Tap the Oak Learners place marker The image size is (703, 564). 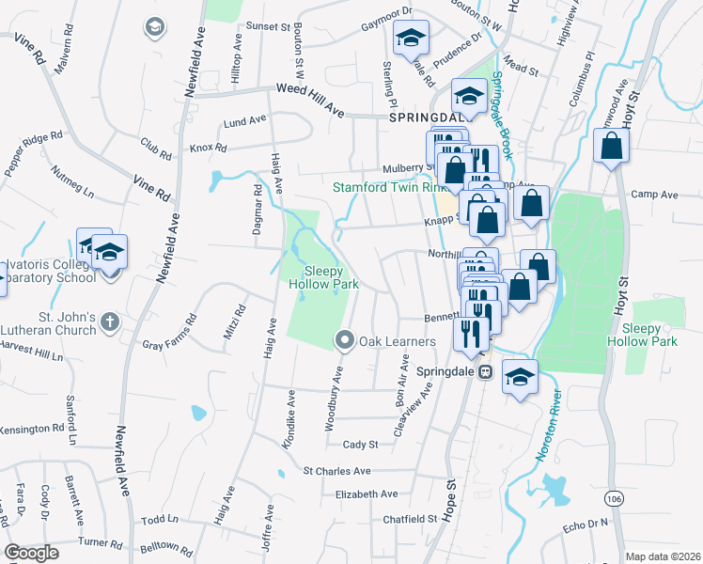(345, 339)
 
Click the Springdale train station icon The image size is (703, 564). (485, 371)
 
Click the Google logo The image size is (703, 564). (32, 553)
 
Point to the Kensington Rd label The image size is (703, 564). (30, 429)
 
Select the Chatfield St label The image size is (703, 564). (411, 518)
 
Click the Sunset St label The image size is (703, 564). (267, 27)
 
